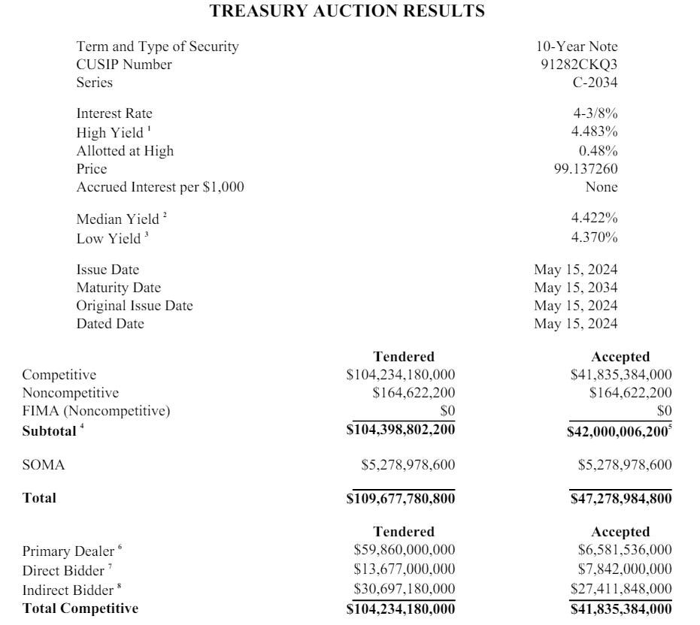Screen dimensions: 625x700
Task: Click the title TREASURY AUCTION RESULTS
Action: coord(347,11)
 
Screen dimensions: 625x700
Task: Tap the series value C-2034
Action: coord(595,83)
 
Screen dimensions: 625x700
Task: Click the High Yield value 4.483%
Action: coord(594,132)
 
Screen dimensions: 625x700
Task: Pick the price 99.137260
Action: coord(586,169)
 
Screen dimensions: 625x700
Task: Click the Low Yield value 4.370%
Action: coord(594,238)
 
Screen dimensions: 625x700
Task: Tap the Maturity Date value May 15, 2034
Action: coord(576,288)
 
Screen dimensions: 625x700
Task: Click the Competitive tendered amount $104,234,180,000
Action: coord(401,375)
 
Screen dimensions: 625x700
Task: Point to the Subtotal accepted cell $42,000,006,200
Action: coord(619,431)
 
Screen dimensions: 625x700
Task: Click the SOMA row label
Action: coord(44,466)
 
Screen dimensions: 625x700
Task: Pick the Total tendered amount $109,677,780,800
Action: coord(401,498)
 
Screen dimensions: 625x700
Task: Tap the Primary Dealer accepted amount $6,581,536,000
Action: coord(625,551)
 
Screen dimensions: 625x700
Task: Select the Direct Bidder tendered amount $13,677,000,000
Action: coord(404,569)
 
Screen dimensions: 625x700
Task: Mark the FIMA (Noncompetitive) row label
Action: coord(96,411)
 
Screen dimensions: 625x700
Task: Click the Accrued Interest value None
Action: coord(602,187)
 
